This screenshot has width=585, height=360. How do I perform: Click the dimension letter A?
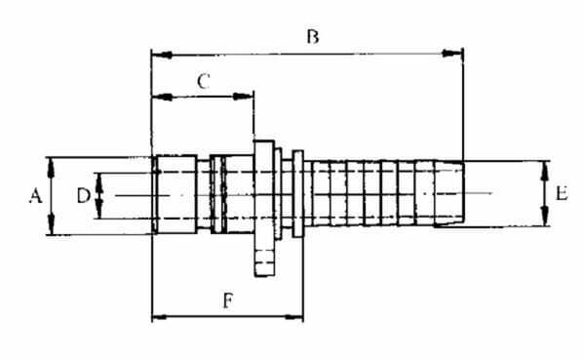[x=35, y=196]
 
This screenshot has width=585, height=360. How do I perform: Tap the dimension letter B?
[x=313, y=37]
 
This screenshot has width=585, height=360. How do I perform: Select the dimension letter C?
[x=204, y=81]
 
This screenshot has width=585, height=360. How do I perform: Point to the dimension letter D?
[x=83, y=196]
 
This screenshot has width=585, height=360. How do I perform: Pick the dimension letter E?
[x=562, y=194]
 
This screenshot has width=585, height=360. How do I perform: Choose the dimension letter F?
[x=228, y=300]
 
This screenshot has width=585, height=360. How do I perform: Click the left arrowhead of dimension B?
[x=162, y=56]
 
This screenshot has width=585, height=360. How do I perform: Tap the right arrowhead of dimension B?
[x=452, y=54]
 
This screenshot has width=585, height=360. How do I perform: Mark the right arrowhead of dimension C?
[x=243, y=97]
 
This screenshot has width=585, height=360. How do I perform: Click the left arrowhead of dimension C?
[x=163, y=98]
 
